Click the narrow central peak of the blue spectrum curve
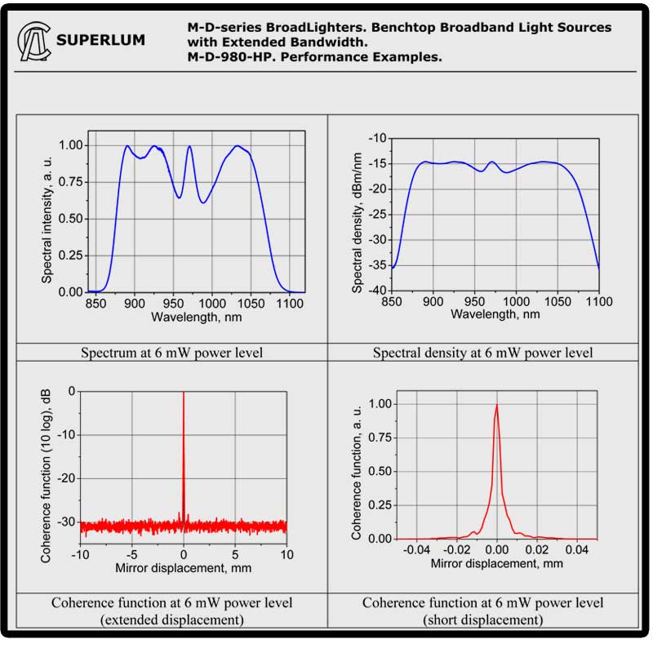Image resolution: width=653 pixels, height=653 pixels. pyautogui.click(x=189, y=148)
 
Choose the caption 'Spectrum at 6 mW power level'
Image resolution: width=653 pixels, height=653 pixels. pyautogui.click(x=171, y=353)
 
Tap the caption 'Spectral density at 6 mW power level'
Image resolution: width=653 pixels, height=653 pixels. pyautogui.click(x=483, y=353)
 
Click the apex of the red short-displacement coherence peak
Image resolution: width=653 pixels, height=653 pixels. pyautogui.click(x=496, y=406)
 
